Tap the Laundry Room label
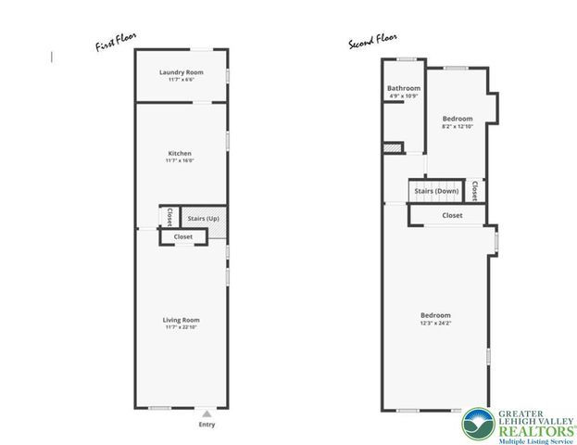coord(181,72)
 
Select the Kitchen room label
coord(180,153)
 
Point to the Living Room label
coord(181,320)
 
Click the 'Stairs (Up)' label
coord(203,219)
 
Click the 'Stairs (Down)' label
coord(436,191)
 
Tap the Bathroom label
coord(404,89)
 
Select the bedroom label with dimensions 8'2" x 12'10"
coord(458,119)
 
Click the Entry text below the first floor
coord(207,425)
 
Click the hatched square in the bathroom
coord(394,146)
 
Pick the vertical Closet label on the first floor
coord(169,216)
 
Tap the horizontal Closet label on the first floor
coord(183,236)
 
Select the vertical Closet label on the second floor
coord(473,190)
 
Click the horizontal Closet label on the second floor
coord(452,215)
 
